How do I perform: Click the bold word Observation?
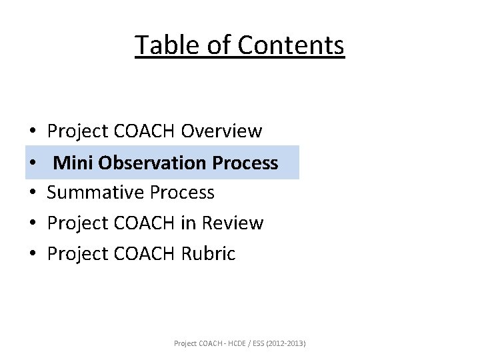coord(151,162)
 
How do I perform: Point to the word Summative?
coord(96,193)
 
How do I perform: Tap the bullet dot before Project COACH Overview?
coord(32,132)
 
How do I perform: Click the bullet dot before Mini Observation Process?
coord(32,163)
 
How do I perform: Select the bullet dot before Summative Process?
coord(32,193)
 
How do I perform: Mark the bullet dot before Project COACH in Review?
coord(32,224)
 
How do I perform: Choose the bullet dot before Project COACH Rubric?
coord(32,255)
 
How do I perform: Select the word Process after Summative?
coord(182,193)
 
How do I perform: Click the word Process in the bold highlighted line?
coord(245,162)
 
